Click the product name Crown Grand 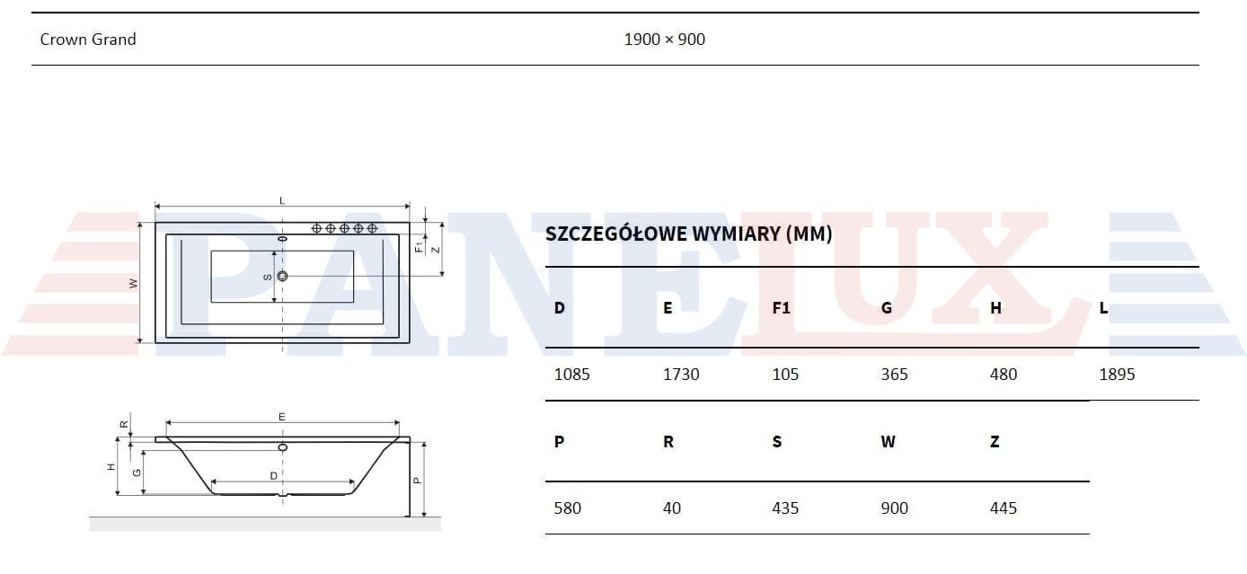(88, 40)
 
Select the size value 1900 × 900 (664, 40)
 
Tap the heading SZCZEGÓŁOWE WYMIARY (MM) (688, 234)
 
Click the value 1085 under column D (571, 374)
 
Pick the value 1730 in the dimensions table (681, 374)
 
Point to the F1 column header (781, 308)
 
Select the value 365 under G (894, 374)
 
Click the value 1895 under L (1117, 374)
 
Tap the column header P (559, 441)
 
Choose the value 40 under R (672, 508)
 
